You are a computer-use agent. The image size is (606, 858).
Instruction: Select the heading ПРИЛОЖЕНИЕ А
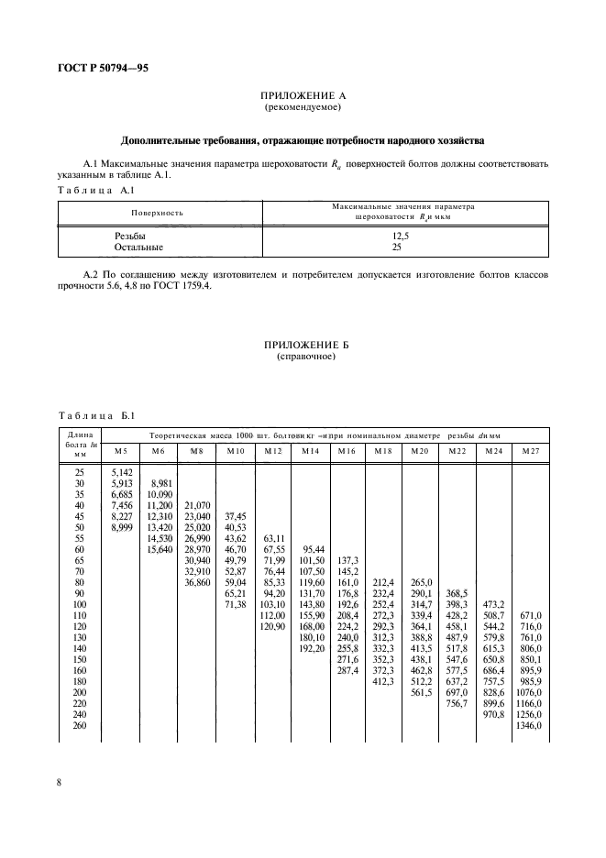tap(303, 95)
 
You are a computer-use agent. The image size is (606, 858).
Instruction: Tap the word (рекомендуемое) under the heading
tap(303, 107)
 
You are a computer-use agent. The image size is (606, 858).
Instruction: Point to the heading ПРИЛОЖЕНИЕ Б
tap(303, 345)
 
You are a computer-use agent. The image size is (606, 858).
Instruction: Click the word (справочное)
tap(303, 357)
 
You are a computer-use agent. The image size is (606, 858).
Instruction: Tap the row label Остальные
tap(138, 247)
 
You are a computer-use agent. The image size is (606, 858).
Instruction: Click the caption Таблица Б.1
tap(96, 414)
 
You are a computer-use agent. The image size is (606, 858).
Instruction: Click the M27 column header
tap(530, 451)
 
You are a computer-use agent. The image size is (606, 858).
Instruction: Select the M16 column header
tap(346, 451)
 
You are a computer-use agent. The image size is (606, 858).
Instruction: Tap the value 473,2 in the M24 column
tap(493, 604)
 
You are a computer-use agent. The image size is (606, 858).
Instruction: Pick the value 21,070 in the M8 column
tap(197, 505)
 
